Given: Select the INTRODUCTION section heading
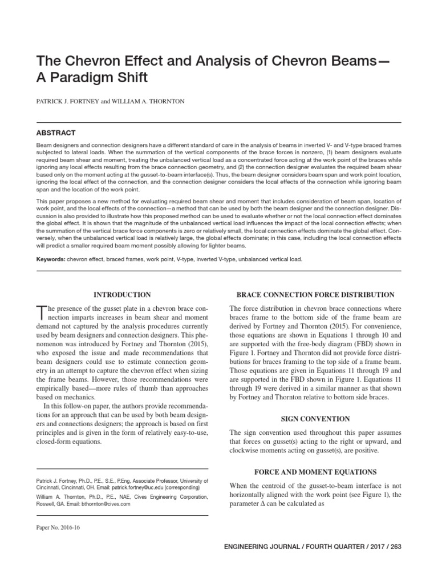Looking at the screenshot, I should (x=122, y=295).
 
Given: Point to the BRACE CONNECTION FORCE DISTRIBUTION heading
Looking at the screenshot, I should (x=315, y=295).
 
